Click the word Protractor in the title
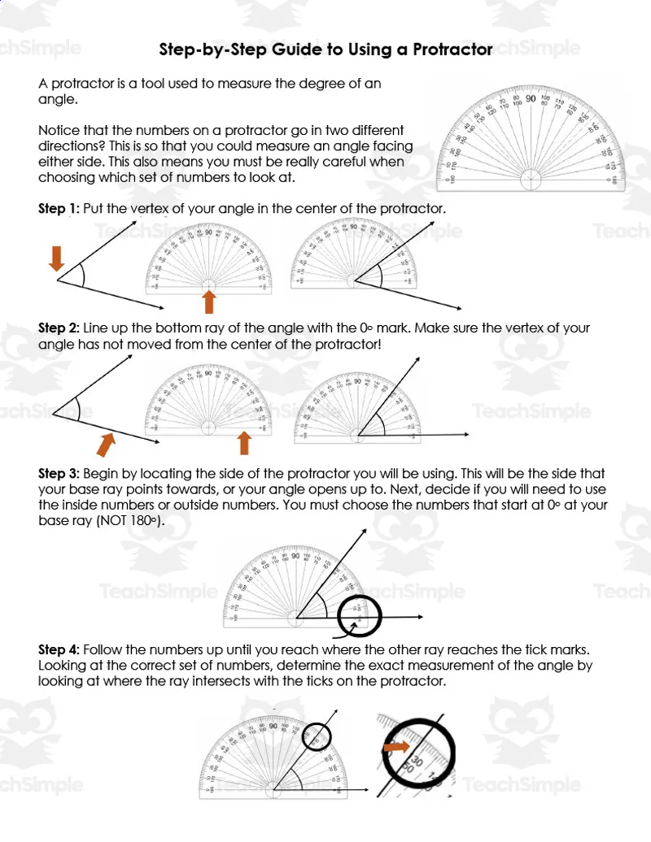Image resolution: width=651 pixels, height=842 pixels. pos(452,50)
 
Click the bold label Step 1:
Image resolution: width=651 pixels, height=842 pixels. pos(59,209)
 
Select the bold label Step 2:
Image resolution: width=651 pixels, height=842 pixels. pos(59,328)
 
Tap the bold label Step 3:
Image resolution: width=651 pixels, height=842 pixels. pos(59,474)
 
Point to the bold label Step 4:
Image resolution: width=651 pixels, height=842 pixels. pos(59,650)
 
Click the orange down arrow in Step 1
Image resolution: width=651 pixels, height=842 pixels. pos(56,258)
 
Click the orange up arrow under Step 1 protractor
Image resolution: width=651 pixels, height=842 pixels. pos(209,302)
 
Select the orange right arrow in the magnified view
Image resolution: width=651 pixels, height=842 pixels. pos(397,746)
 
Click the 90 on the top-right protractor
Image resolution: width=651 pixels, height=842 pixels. pos(530,99)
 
